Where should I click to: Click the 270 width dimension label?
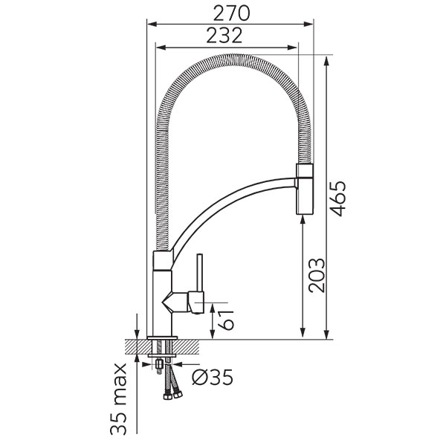click(x=231, y=13)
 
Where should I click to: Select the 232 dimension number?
click(x=224, y=35)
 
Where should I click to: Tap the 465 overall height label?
click(x=337, y=198)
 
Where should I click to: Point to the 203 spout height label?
click(x=317, y=275)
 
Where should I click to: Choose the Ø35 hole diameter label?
click(x=213, y=377)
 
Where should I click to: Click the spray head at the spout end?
click(x=305, y=189)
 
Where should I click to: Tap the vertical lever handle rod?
click(x=200, y=274)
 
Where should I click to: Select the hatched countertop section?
click(x=162, y=346)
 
